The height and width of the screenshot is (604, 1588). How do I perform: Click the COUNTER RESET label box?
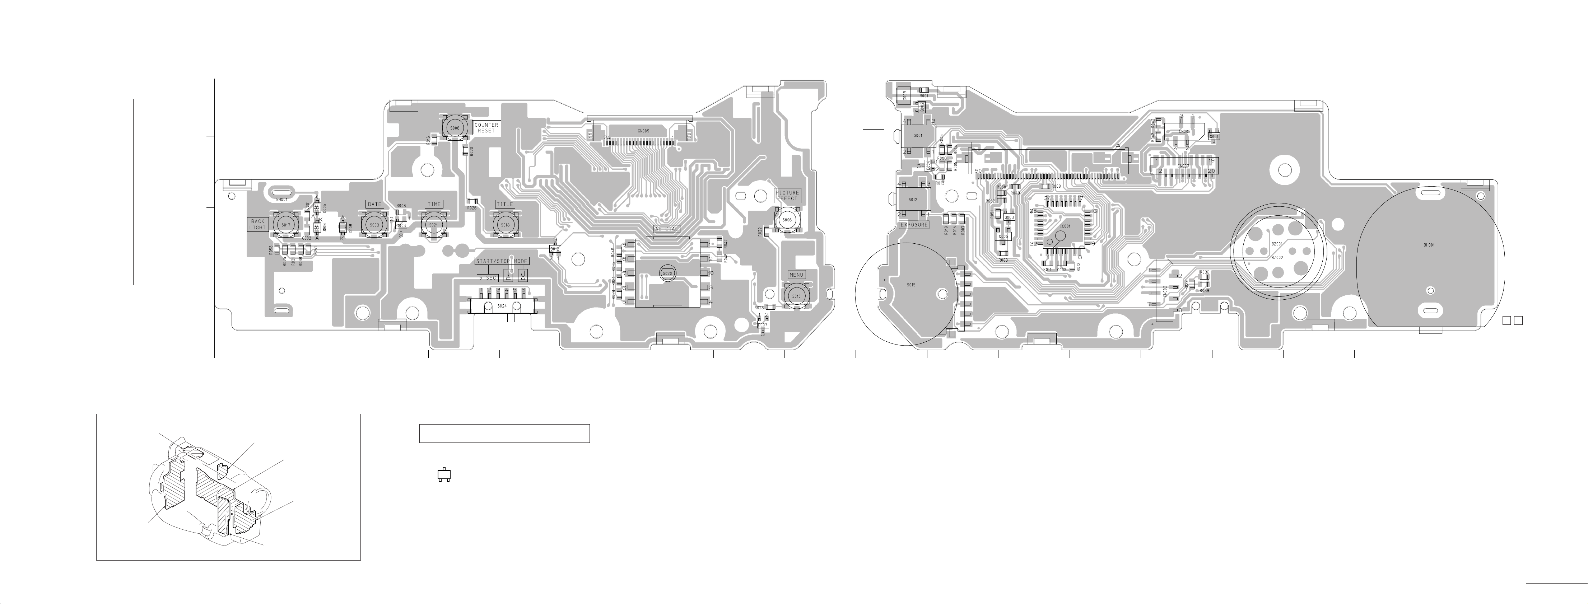pyautogui.click(x=486, y=127)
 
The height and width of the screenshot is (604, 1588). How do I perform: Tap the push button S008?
pyautogui.click(x=454, y=127)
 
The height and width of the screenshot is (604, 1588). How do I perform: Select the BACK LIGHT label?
pyautogui.click(x=258, y=224)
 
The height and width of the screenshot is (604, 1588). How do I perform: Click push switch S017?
pyautogui.click(x=285, y=225)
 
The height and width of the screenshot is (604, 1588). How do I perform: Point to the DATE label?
pyautogui.click(x=374, y=204)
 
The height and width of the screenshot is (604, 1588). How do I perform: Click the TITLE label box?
pyautogui.click(x=504, y=204)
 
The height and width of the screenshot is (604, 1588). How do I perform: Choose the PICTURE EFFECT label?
pyautogui.click(x=787, y=195)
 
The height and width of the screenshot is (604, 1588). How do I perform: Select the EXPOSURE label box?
pyautogui.click(x=914, y=225)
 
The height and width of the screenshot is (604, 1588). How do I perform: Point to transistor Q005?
pyautogui.click(x=1003, y=236)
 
